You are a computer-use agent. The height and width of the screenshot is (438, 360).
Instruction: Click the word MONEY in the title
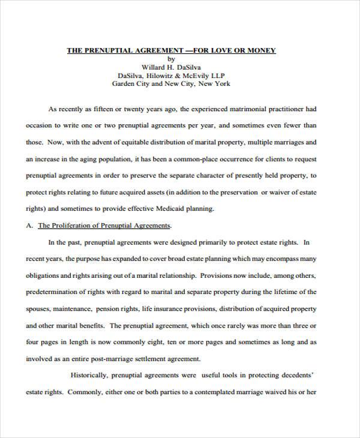point(262,50)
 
